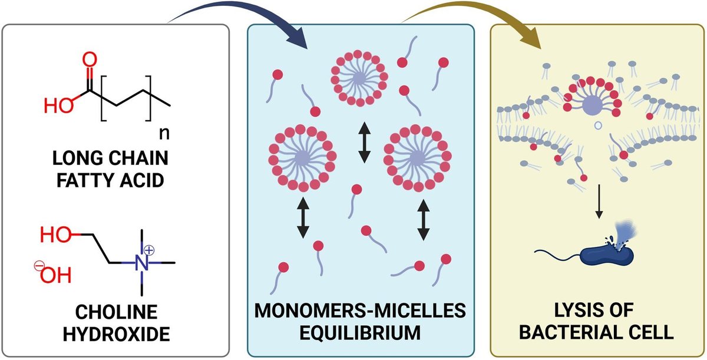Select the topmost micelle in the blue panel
[361, 78]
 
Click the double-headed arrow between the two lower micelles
[364, 146]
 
